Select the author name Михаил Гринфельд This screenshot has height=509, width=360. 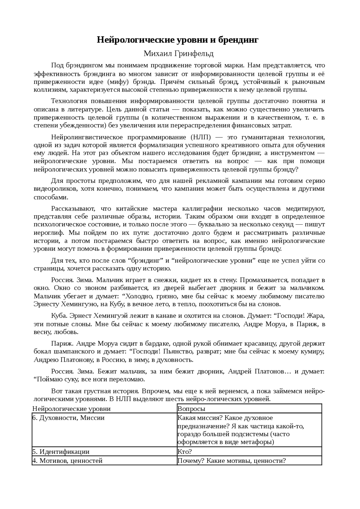click(x=178, y=53)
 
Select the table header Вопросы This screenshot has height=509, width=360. click(x=192, y=409)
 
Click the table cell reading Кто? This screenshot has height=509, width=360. click(x=185, y=452)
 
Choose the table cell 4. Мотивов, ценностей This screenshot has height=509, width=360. click(x=67, y=461)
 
